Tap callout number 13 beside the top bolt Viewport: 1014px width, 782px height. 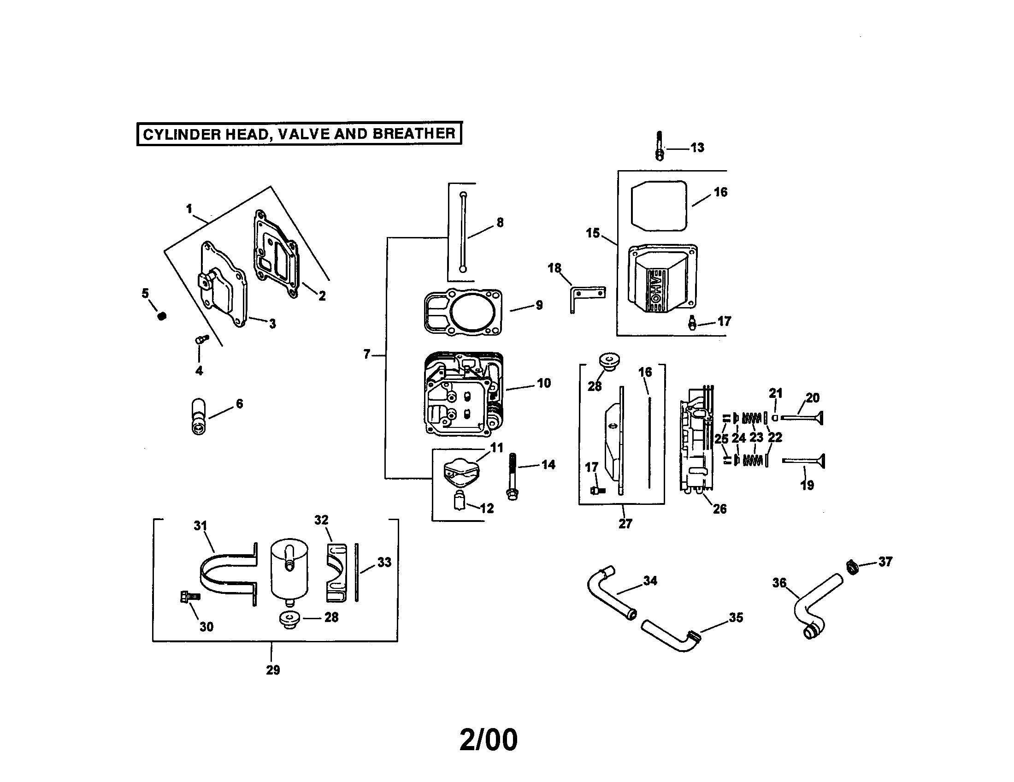click(697, 148)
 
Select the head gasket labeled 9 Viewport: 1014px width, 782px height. click(463, 312)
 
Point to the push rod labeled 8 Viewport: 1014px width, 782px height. click(463, 232)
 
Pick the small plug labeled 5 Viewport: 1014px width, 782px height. click(162, 316)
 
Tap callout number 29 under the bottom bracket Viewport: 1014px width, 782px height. click(273, 669)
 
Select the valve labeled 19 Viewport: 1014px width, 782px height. click(803, 461)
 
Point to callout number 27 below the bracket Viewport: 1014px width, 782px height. click(625, 523)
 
